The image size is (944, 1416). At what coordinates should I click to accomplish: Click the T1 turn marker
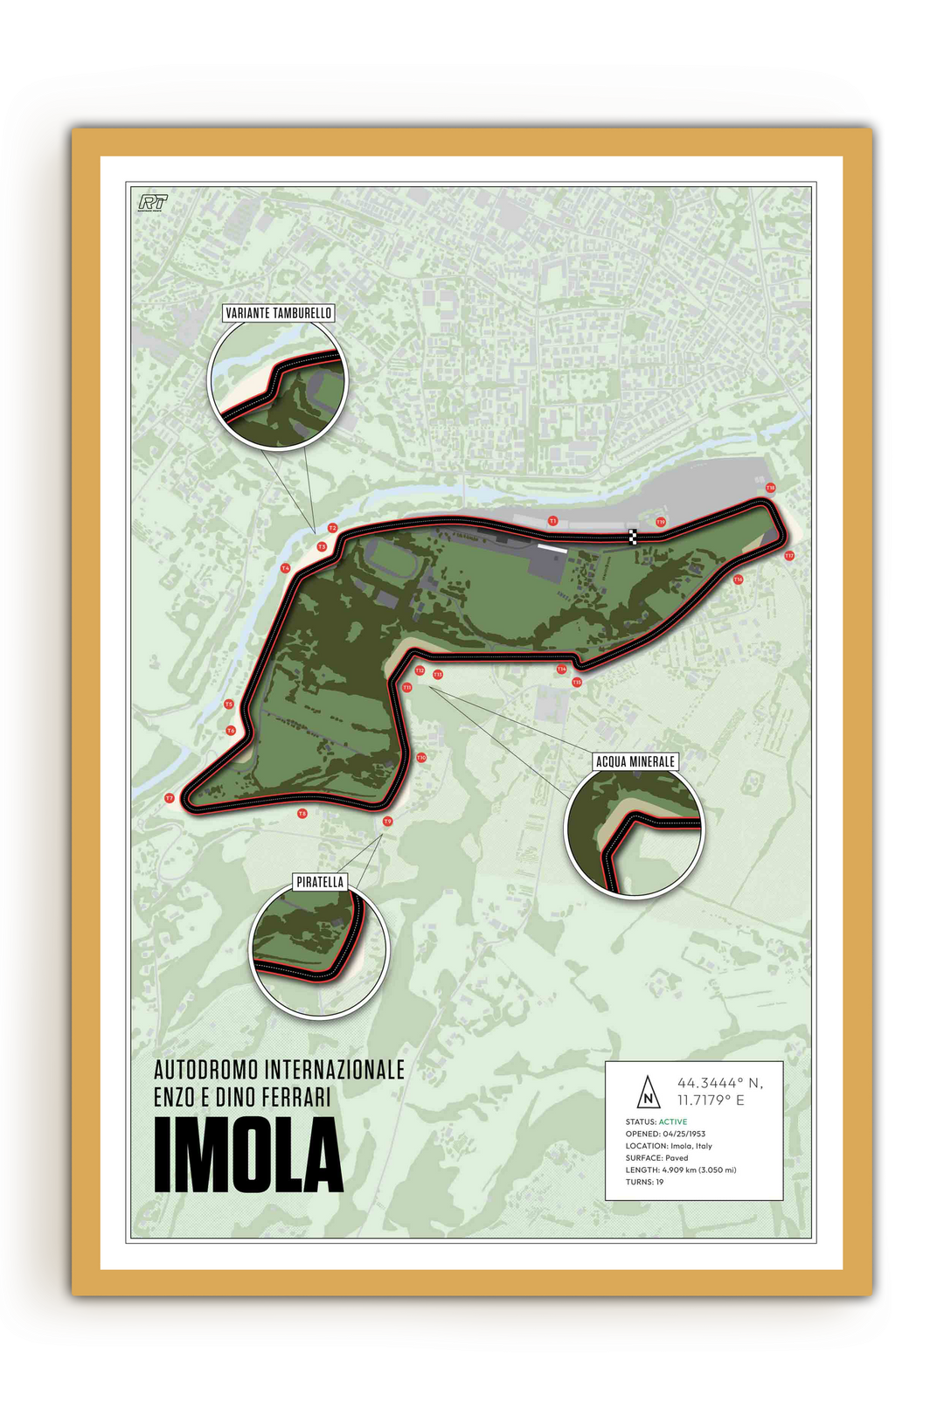(x=552, y=521)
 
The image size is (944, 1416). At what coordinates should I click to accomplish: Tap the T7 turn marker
(x=170, y=798)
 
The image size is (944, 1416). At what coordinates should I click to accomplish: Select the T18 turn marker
(x=770, y=488)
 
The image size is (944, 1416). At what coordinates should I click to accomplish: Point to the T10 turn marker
(x=421, y=758)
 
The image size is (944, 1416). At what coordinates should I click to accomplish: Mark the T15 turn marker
(x=577, y=682)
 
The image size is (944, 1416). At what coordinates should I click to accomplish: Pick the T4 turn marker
(x=285, y=568)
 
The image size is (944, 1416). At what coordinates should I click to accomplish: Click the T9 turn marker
(x=388, y=822)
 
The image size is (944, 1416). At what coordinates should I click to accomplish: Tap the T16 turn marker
(x=738, y=580)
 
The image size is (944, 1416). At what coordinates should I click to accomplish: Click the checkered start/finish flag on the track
(x=633, y=537)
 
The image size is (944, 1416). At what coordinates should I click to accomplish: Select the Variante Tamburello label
(x=278, y=313)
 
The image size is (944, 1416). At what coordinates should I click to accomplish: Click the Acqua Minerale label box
(x=635, y=761)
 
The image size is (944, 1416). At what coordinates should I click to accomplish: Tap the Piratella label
(x=320, y=882)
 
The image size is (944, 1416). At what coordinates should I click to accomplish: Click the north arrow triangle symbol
(x=648, y=1091)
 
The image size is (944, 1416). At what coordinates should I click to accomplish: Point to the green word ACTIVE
(x=672, y=1121)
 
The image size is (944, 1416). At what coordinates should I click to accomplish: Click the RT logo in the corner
(x=153, y=203)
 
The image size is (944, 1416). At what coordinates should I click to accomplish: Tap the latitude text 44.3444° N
(x=719, y=1083)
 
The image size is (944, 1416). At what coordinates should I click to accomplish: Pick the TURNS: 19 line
(x=644, y=1182)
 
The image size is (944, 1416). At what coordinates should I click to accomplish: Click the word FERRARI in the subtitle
(x=296, y=1097)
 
